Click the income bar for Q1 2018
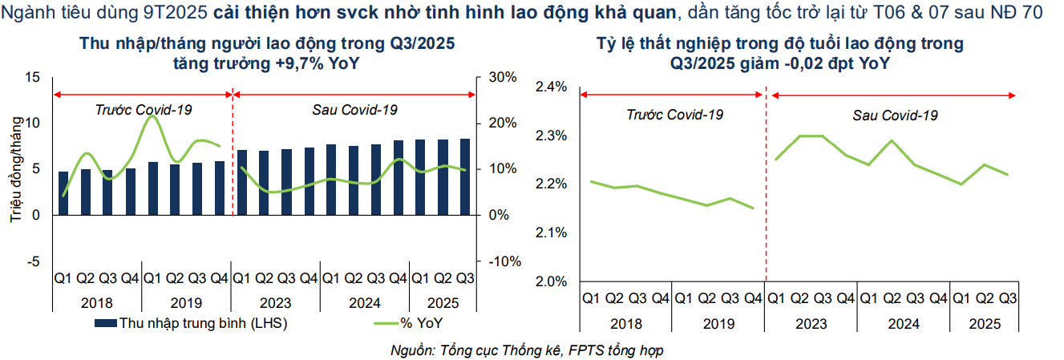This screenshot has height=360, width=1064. pyautogui.click(x=63, y=193)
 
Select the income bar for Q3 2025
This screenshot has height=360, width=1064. pyautogui.click(x=465, y=177)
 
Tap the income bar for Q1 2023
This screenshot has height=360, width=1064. pyautogui.click(x=242, y=183)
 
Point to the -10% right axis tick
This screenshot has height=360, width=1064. pyautogui.click(x=500, y=261)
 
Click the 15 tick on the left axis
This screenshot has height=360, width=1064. pyautogui.click(x=33, y=77)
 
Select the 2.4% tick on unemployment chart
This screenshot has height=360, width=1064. pyautogui.click(x=552, y=87)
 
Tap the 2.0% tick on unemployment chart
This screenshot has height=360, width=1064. pyautogui.click(x=552, y=281)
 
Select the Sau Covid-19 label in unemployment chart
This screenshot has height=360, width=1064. pyautogui.click(x=895, y=115)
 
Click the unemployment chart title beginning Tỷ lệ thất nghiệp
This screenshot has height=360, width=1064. pyautogui.click(x=780, y=53)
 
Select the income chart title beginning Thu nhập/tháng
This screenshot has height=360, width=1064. pyautogui.click(x=268, y=53)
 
